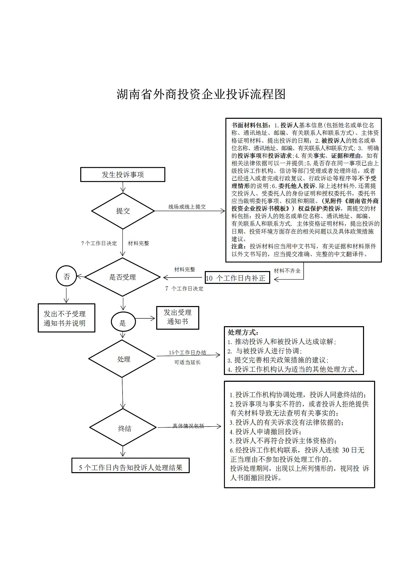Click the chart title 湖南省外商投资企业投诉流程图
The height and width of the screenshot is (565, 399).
click(201, 94)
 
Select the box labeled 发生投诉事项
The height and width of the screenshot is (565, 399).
click(123, 174)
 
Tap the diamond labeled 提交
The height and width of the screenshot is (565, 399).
click(123, 211)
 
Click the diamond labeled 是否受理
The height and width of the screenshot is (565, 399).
click(123, 277)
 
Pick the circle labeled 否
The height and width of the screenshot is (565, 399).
click(66, 276)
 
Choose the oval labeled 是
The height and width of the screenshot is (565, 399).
click(123, 322)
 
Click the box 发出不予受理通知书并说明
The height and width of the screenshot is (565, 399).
click(66, 318)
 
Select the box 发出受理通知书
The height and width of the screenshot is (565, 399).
click(178, 318)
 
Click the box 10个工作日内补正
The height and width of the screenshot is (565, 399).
click(237, 278)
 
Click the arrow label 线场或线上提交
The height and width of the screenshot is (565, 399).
click(187, 207)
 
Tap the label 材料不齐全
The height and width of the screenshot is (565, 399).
click(287, 271)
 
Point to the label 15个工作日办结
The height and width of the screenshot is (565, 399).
click(187, 353)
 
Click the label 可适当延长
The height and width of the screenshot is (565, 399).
click(187, 362)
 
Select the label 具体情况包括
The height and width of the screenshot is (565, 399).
click(188, 426)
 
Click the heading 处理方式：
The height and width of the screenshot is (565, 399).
click(243, 332)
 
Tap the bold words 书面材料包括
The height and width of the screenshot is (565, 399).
click(251, 125)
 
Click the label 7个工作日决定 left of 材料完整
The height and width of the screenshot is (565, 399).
click(99, 243)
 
